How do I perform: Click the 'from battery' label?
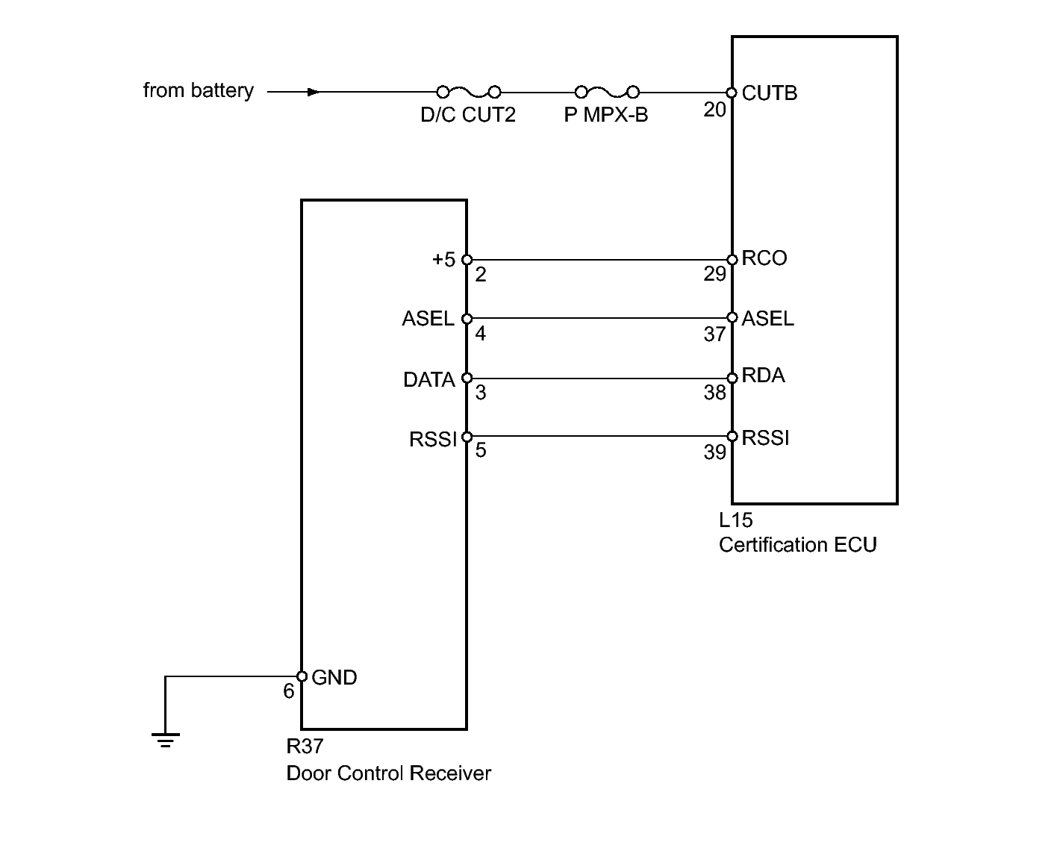198,91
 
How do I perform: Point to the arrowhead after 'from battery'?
314,92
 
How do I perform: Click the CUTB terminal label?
769,93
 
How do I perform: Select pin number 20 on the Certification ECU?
714,110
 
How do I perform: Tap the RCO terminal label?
764,258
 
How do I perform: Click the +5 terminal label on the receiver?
443,260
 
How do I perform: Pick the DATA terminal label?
428,380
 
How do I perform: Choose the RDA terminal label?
763,376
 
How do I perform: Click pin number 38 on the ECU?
714,393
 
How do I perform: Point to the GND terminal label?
334,678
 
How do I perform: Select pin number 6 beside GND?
288,691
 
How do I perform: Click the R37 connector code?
305,747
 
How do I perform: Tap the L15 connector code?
735,520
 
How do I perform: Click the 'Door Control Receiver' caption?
388,773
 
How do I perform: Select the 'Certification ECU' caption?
797,545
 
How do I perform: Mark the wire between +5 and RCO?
599,260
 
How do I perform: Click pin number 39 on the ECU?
714,452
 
